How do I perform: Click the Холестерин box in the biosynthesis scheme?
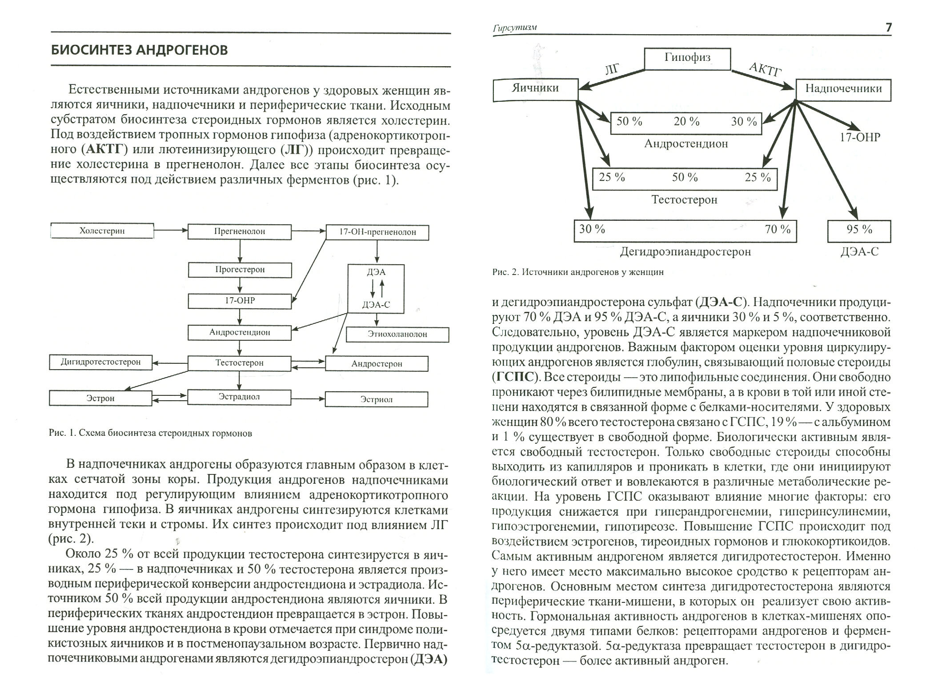pyautogui.click(x=102, y=231)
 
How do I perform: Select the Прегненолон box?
pyautogui.click(x=240, y=231)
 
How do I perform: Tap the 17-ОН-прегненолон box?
pyautogui.click(x=377, y=232)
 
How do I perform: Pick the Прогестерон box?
pyautogui.click(x=240, y=270)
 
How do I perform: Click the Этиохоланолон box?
pyautogui.click(x=397, y=335)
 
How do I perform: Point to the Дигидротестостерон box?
pyautogui.click(x=100, y=362)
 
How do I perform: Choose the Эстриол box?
pyautogui.click(x=376, y=399)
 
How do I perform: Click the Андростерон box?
pyautogui.click(x=377, y=364)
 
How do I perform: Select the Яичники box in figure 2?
pyautogui.click(x=535, y=88)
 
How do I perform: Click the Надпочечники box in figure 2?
pyautogui.click(x=843, y=89)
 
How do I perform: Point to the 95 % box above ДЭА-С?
pyautogui.click(x=859, y=230)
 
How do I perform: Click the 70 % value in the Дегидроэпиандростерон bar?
pyautogui.click(x=778, y=230)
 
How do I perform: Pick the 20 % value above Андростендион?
pyautogui.click(x=686, y=122)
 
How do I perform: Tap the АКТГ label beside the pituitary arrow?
pyautogui.click(x=766, y=69)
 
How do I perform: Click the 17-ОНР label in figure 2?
pyautogui.click(x=860, y=137)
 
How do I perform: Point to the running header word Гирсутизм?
pyautogui.click(x=515, y=28)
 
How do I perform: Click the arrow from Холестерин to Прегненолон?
pyautogui.click(x=171, y=231)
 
